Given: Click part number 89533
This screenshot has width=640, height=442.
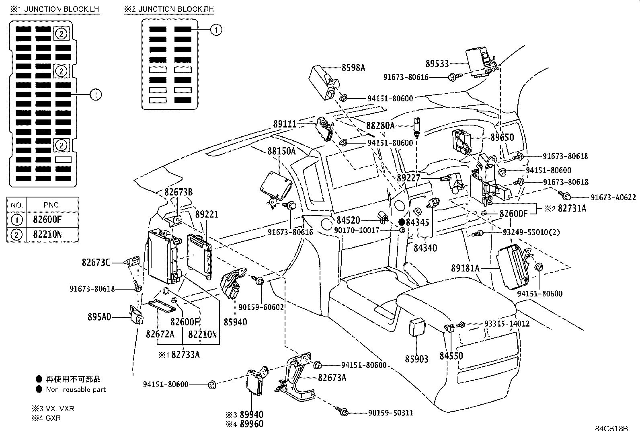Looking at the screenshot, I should pos(437,64).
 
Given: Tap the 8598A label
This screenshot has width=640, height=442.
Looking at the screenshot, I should pos(353,68).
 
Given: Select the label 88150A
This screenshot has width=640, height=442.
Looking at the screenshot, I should pos(281,151).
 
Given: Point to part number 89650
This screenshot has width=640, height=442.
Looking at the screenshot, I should pos(502,138).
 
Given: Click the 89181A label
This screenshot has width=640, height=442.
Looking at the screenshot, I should pos(465,268).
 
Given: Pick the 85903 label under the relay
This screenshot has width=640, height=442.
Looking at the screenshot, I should pos(416,359).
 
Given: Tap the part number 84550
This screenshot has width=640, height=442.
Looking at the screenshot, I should pos(451,356).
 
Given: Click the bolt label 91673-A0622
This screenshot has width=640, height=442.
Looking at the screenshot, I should pos(613,197).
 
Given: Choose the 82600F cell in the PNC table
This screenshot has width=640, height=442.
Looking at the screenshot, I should pos(47,220).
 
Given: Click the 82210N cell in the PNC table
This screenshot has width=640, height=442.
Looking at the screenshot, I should pos(47,234).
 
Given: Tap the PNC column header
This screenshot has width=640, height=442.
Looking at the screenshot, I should pos(51,205).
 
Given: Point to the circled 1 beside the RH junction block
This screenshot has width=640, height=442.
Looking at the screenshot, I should pos(216,30).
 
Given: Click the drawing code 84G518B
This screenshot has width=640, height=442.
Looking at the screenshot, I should pos(611,428).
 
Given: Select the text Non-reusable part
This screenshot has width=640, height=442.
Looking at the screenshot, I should pos(76,389).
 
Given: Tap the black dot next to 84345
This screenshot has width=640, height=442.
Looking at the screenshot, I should pos(401,222).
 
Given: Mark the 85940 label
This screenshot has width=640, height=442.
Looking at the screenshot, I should pos(236,322).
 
